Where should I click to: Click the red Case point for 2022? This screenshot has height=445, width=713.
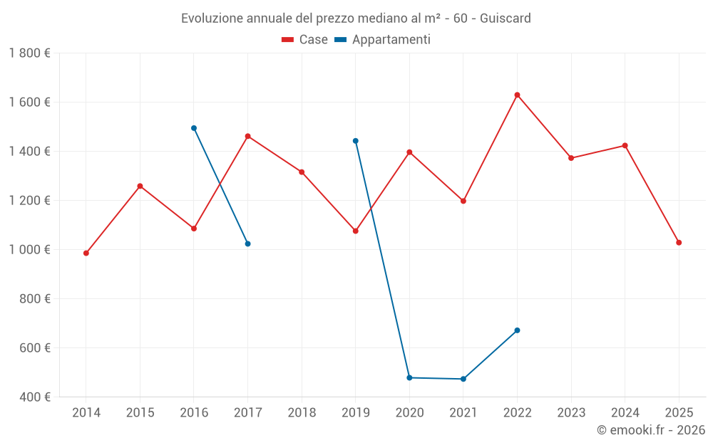pyautogui.click(x=517, y=95)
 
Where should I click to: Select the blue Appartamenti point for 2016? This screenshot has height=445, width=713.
pyautogui.click(x=194, y=128)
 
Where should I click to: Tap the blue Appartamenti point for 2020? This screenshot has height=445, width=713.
pyautogui.click(x=409, y=377)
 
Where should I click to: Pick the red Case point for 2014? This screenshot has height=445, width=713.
pyautogui.click(x=86, y=253)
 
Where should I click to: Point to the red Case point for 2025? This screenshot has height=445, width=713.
pyautogui.click(x=679, y=243)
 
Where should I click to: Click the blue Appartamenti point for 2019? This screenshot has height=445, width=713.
pyautogui.click(x=356, y=141)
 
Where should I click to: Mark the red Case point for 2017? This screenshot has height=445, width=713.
pyautogui.click(x=247, y=136)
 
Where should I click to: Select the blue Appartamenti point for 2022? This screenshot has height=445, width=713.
pyautogui.click(x=517, y=330)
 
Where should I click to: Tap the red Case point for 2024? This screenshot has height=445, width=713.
pyautogui.click(x=625, y=145)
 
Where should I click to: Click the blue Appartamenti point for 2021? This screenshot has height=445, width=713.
pyautogui.click(x=463, y=379)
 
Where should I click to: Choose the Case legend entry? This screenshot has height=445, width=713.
pyautogui.click(x=305, y=40)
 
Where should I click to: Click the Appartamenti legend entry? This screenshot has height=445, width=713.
pyautogui.click(x=383, y=40)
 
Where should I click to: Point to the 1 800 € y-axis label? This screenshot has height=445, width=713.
pyautogui.click(x=29, y=53)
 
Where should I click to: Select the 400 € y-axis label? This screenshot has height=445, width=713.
pyautogui.click(x=34, y=397)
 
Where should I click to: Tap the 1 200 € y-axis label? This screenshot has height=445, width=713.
pyautogui.click(x=29, y=200)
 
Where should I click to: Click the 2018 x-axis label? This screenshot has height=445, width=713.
pyautogui.click(x=302, y=413)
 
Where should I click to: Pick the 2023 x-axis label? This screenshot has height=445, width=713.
pyautogui.click(x=571, y=413)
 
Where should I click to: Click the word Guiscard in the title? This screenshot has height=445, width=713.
pyautogui.click(x=506, y=18)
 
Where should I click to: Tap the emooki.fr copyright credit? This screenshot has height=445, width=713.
pyautogui.click(x=651, y=430)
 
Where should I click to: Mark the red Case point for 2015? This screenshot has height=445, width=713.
pyautogui.click(x=140, y=186)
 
